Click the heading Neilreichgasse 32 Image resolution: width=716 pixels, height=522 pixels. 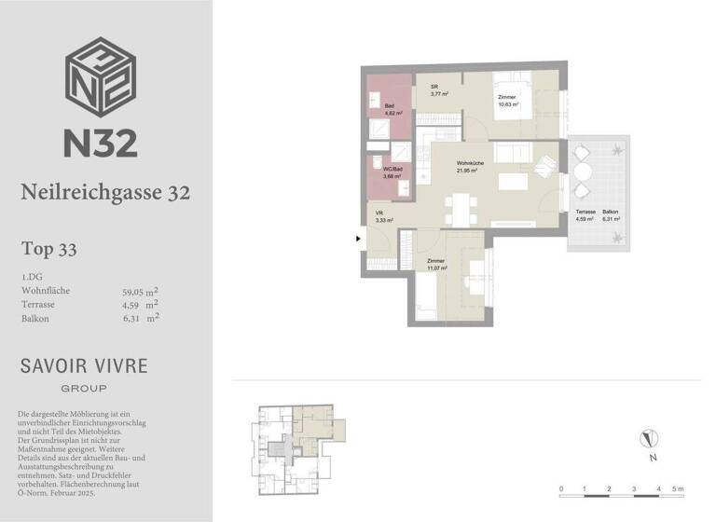105,192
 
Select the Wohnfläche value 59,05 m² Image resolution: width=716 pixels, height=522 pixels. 141,291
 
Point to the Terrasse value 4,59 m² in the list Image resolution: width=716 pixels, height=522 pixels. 141,304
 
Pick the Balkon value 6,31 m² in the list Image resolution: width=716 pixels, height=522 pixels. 141,318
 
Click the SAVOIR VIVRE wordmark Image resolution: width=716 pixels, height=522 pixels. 84,365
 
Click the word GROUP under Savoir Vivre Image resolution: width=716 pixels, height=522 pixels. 84,388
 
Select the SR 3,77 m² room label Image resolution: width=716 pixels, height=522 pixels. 439,90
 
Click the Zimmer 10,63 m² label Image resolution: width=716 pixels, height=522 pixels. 507,101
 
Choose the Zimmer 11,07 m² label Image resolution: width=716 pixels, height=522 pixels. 436,265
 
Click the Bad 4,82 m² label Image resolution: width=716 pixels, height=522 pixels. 392,110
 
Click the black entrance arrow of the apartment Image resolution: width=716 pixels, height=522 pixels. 358,239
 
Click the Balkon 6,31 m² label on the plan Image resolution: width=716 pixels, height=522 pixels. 611,217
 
